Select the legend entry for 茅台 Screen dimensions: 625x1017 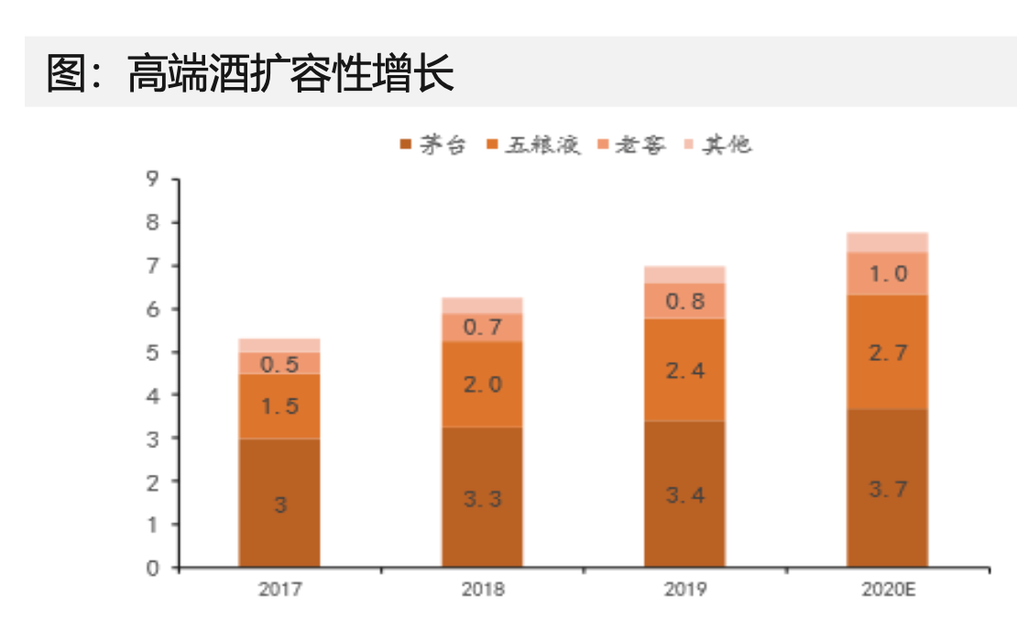click(434, 145)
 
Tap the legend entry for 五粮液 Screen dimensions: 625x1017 click(533, 145)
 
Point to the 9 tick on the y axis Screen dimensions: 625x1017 click(152, 180)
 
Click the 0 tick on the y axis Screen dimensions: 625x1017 click(152, 568)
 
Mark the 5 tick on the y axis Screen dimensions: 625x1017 click(152, 353)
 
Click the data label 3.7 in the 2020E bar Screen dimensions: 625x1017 click(888, 489)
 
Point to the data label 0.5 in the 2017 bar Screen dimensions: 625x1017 click(279, 365)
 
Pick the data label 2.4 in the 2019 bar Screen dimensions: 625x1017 click(685, 371)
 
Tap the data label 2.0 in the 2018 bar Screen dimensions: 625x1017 click(483, 385)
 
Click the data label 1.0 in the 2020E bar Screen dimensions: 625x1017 click(888, 274)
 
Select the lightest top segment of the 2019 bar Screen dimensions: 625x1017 click(685, 275)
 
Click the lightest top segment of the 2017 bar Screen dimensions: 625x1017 click(279, 345)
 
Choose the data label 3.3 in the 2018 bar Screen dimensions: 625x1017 click(483, 499)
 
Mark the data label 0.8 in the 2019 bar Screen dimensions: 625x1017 click(685, 302)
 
